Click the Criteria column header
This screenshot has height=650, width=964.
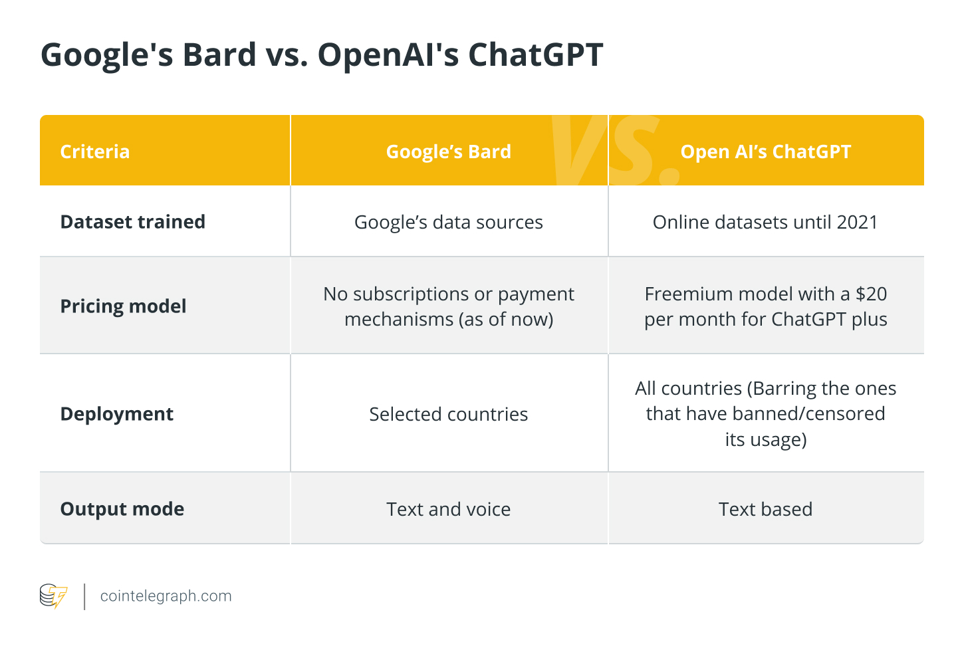94,152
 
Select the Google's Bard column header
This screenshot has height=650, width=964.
449,152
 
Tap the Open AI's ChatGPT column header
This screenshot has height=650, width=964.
766,152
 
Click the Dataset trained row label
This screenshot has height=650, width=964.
132,222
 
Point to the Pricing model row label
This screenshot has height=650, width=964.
123,306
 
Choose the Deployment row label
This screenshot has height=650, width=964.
116,414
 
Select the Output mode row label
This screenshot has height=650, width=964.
122,509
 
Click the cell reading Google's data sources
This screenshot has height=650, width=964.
449,223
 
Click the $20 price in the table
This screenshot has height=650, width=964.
871,294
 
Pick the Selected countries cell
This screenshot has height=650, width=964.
449,414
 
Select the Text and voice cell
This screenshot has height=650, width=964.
449,509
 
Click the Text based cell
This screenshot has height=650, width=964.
766,509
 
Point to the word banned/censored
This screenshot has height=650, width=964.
808,414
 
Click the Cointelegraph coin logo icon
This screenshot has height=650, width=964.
54,596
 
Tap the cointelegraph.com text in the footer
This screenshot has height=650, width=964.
166,596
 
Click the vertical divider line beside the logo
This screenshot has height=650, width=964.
84,597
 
